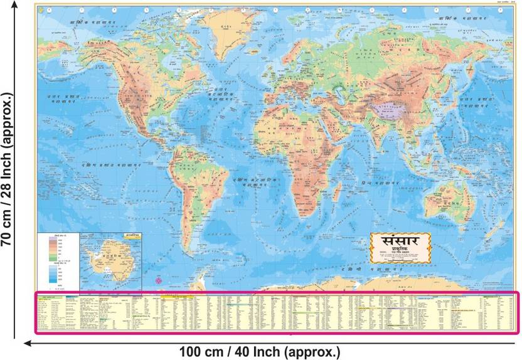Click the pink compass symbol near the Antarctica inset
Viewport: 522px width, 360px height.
point(158,281)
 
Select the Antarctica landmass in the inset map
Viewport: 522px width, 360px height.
point(104,264)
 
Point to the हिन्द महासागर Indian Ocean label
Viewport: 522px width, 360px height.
point(377,183)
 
